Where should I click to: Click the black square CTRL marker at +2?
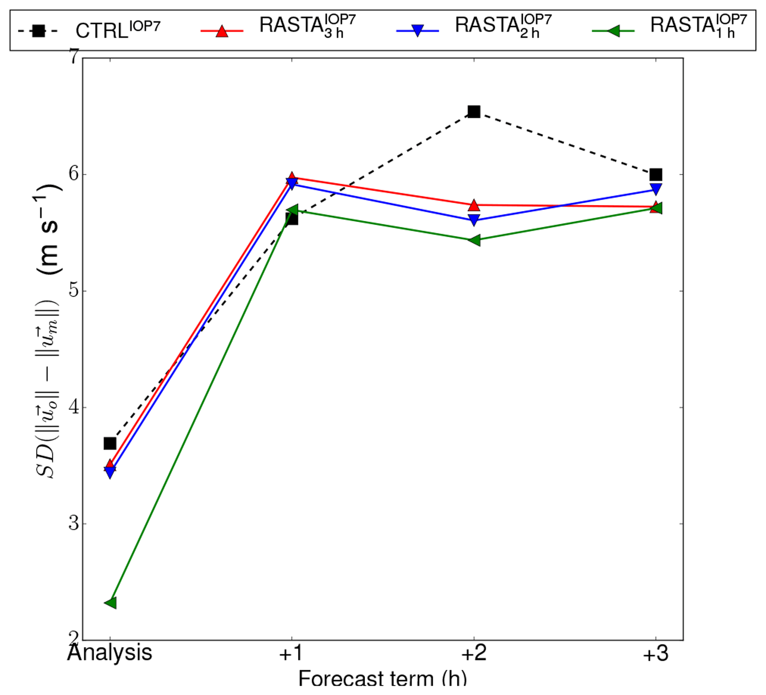(x=474, y=112)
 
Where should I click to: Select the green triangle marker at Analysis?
(x=110, y=603)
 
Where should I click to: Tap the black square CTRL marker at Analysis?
(x=110, y=443)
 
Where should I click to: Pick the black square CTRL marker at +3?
(x=656, y=175)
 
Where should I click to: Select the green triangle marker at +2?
(x=474, y=240)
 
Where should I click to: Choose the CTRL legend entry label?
(x=118, y=30)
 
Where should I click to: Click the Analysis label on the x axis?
(x=110, y=653)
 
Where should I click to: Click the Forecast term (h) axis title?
(x=382, y=679)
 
